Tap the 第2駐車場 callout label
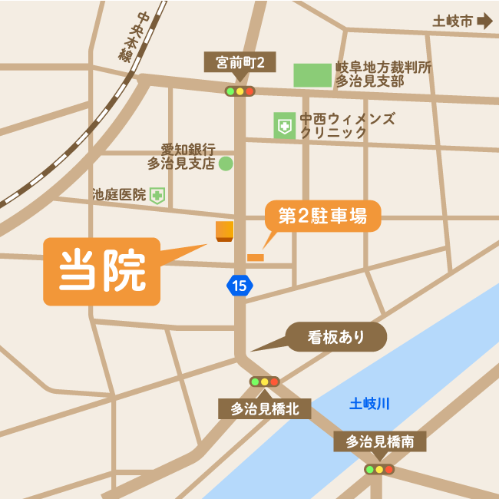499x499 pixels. pos(322,216)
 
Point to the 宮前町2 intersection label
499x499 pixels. pos(240,63)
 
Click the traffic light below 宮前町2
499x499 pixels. pos(240,91)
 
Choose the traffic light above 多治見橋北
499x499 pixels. pos(264,382)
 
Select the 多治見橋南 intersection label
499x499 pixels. pos(379,441)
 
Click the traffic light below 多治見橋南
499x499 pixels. pos(379,469)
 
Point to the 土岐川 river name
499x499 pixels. pos(370,403)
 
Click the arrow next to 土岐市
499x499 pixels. pos(484,21)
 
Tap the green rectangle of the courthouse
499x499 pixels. pos(312,75)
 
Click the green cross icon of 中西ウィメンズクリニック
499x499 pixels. pos(285,126)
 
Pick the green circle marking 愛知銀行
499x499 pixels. pos(226,163)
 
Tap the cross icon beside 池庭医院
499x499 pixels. pos(157,196)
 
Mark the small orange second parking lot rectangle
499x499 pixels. pos(255,257)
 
